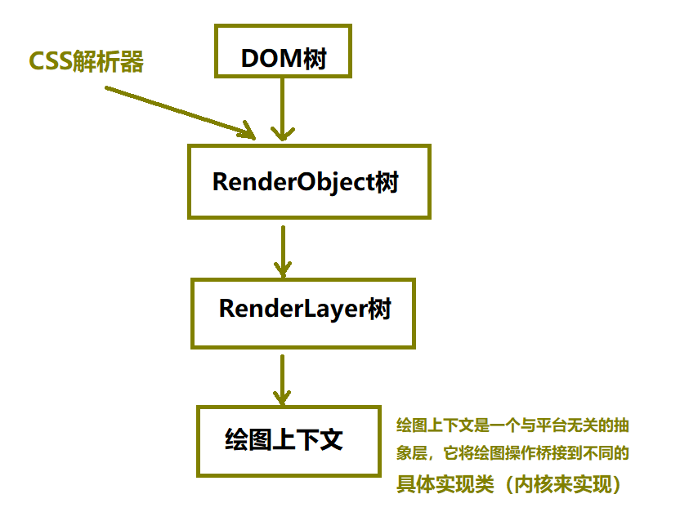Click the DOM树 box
(x=283, y=51)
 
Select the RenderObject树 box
(x=309, y=181)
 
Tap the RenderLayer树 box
(x=303, y=311)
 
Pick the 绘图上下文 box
(x=289, y=441)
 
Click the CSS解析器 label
(x=87, y=61)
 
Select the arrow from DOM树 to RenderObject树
(x=282, y=110)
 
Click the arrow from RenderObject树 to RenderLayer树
(x=282, y=249)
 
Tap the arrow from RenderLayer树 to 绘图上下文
(x=282, y=379)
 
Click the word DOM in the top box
(x=271, y=59)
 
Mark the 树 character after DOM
(x=315, y=59)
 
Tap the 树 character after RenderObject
(x=387, y=181)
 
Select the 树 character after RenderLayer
(x=379, y=310)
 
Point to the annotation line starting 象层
(x=512, y=453)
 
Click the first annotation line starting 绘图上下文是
(x=512, y=425)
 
